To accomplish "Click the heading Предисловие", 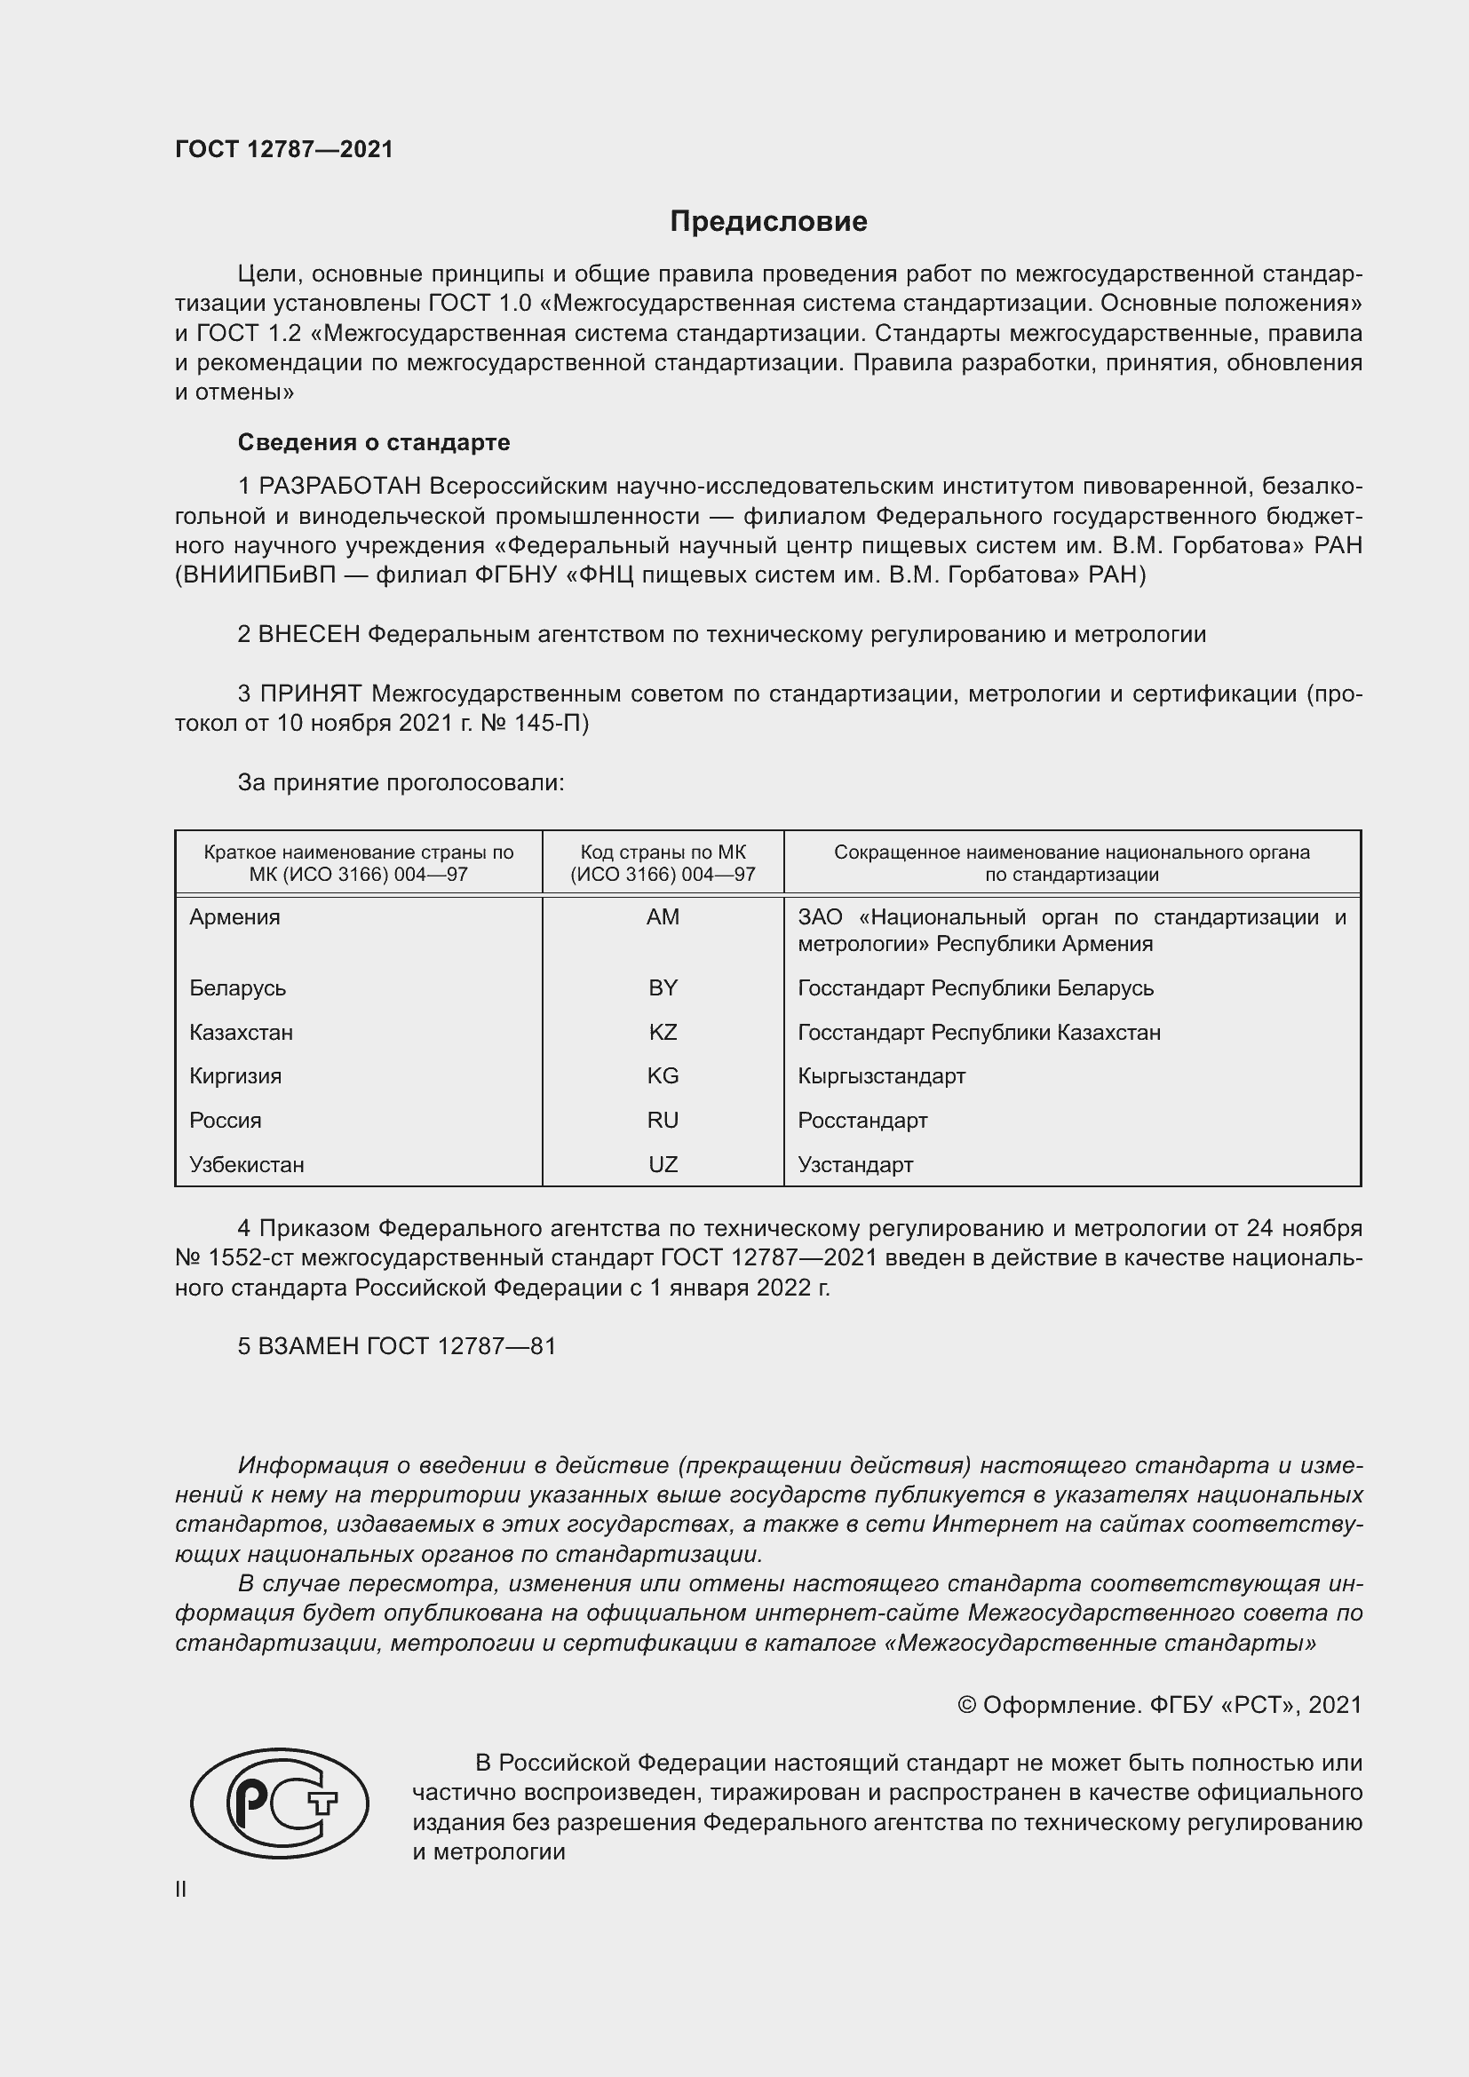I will click(768, 222).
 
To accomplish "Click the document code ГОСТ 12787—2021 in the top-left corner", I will click(284, 149).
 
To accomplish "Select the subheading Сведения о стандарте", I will click(374, 442).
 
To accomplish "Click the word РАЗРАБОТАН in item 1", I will click(340, 487).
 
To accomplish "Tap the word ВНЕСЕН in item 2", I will click(309, 634).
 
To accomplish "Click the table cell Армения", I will click(235, 917).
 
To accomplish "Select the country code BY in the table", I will click(663, 987).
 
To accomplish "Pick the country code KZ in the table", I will click(663, 1032).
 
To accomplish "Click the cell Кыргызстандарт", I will click(881, 1075).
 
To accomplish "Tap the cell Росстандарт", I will click(862, 1120).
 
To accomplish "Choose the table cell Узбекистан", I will click(247, 1164).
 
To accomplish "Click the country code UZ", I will click(663, 1164).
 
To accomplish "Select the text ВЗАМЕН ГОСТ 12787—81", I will click(397, 1346).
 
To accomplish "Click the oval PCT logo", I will click(280, 1803).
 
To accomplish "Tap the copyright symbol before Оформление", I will click(966, 1705).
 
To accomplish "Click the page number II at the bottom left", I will click(181, 1890).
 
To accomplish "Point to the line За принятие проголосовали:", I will click(401, 782).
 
